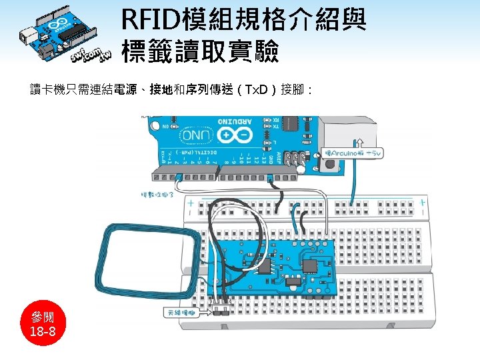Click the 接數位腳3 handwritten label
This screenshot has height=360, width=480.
pos(157,195)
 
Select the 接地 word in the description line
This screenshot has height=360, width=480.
pos(162,89)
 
